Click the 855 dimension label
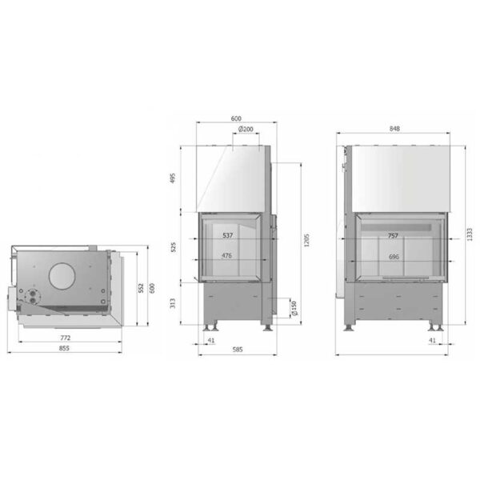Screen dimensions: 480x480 point(64,348)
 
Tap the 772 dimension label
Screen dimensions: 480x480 point(66,338)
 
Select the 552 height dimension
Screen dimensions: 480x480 point(141,288)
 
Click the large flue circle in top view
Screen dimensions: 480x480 point(62,276)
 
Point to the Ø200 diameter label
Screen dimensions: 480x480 point(246,129)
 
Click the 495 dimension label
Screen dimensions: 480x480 point(173,178)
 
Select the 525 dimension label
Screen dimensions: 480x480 point(174,247)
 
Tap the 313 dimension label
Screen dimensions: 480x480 point(173,303)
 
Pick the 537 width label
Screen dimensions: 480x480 point(228,235)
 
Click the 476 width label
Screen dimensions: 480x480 point(226,256)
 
